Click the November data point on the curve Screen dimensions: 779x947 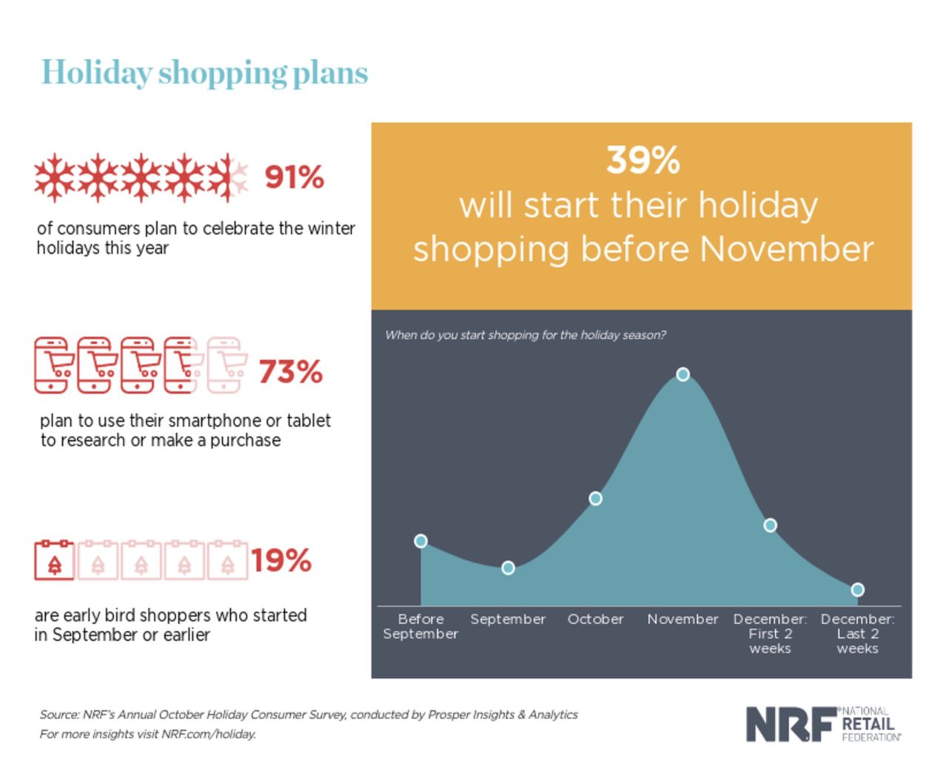click(683, 374)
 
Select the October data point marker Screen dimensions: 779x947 click(596, 499)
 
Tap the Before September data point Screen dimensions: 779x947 click(421, 541)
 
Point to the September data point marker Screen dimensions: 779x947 click(508, 568)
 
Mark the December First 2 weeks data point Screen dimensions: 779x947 click(770, 525)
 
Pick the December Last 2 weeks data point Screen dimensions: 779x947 click(857, 590)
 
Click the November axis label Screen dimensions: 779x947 click(683, 619)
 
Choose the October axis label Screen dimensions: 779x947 click(596, 619)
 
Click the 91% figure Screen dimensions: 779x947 click(294, 178)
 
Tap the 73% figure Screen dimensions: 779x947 click(291, 371)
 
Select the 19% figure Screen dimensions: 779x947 click(281, 561)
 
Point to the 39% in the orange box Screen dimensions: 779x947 click(643, 160)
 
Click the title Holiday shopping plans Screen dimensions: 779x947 click(204, 73)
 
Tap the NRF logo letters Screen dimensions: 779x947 click(789, 724)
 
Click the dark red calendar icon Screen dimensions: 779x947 click(55, 560)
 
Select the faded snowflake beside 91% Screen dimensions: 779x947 click(237, 177)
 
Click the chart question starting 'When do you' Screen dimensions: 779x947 click(525, 335)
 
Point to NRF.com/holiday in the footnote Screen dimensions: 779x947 click(209, 735)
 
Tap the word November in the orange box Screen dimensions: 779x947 click(786, 249)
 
